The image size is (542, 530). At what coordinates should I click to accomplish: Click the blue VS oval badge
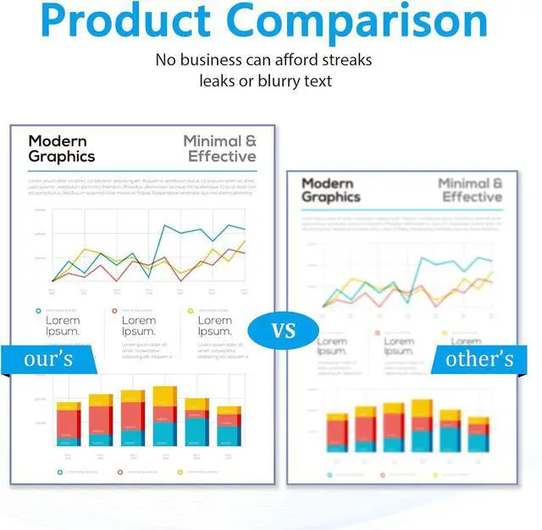coord(284,329)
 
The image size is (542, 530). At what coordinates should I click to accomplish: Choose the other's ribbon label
coord(479,359)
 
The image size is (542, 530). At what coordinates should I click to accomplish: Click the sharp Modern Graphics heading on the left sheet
coord(62,148)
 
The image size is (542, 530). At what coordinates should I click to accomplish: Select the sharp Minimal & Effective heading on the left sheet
coord(219,148)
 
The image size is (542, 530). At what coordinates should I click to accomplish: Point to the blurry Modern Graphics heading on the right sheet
coord(331,190)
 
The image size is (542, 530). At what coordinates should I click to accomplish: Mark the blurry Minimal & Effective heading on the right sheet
coord(470,190)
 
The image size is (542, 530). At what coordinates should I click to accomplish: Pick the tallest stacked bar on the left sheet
coord(164,416)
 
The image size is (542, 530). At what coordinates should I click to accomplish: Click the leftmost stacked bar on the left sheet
coord(69,424)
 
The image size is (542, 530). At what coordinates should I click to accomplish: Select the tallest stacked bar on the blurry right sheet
coord(421,425)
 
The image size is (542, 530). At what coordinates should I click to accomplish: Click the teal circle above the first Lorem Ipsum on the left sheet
coord(38,311)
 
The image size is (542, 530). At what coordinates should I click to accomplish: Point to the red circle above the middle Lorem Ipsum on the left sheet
coord(115,311)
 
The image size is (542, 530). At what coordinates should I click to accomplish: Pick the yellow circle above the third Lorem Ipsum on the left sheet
coord(191,311)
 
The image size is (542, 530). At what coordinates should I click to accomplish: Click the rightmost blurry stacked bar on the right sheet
coord(478,433)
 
